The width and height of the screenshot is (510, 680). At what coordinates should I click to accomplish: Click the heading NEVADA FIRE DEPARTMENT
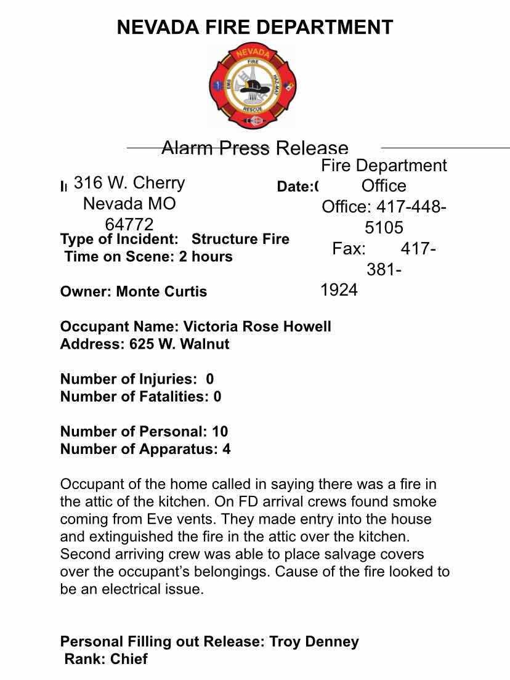pos(255,27)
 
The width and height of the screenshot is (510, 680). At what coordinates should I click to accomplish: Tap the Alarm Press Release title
pos(254,148)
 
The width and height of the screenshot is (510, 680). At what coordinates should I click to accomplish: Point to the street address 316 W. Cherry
pos(129,183)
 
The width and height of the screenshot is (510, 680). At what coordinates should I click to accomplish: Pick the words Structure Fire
pos(240,239)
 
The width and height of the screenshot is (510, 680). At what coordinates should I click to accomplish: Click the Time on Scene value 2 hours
pos(206,256)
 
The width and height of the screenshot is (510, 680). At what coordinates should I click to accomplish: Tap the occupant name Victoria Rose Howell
pos(257,326)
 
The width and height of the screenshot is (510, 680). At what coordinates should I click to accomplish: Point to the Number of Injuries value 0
pos(210,379)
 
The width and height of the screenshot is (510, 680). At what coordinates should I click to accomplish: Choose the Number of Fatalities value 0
pos(217,396)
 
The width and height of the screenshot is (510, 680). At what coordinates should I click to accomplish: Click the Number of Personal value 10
pos(220,431)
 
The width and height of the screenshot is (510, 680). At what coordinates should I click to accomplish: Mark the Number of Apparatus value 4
pos(227,448)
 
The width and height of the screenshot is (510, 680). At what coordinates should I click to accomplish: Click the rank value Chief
pos(129,659)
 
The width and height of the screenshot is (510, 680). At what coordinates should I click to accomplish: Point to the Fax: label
pos(349,249)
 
